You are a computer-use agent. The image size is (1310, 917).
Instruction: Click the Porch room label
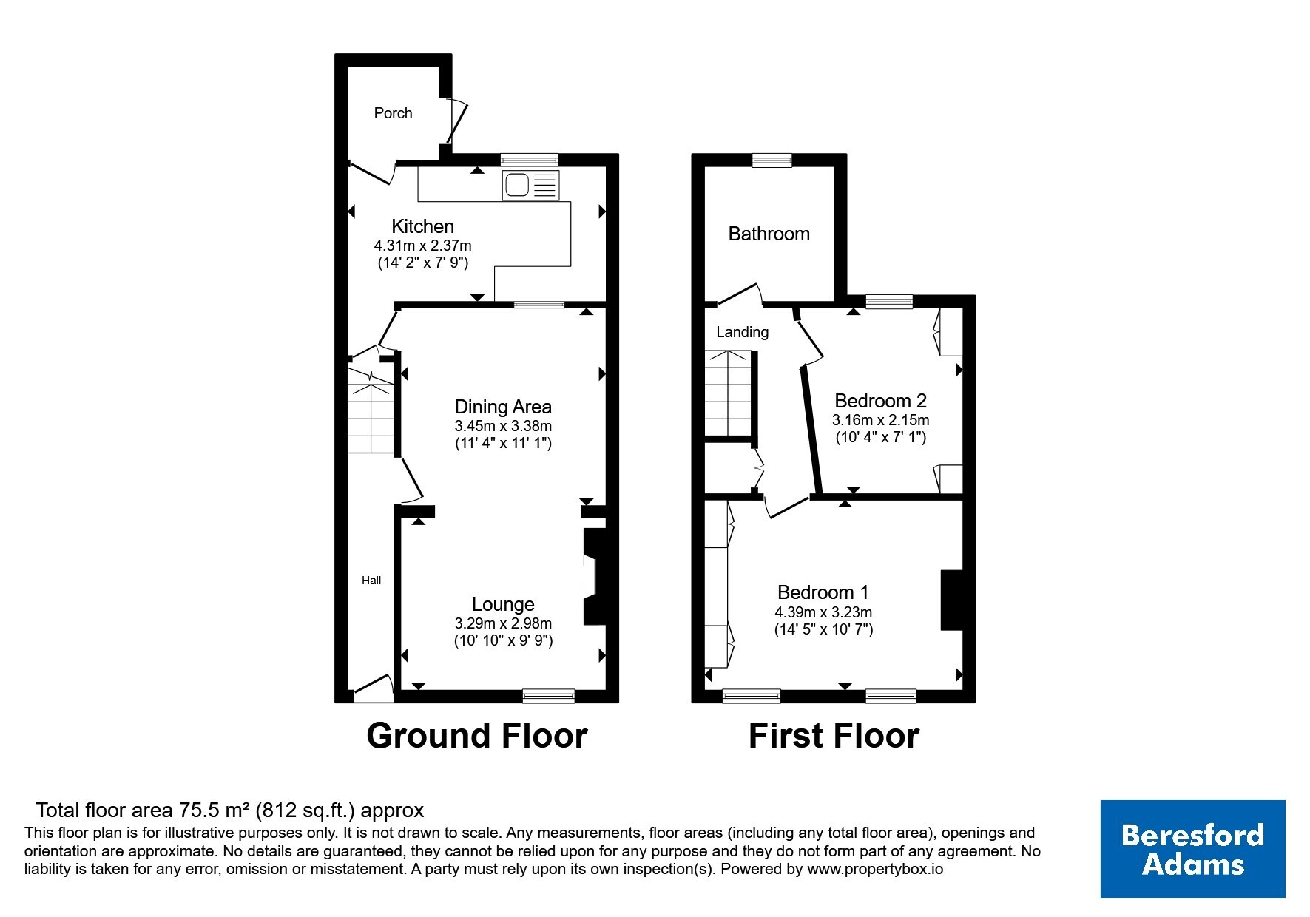pos(393,113)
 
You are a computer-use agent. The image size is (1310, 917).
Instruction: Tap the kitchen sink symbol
pos(531,184)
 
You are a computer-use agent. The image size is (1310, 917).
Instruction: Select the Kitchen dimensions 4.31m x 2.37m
pos(422,246)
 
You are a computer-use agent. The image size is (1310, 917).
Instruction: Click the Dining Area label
pos(503,407)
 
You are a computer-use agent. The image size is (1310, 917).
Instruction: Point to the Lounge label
pos(503,605)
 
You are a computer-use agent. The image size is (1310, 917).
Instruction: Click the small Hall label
pos(371,581)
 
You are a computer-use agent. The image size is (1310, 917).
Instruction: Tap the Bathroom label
pos(769,234)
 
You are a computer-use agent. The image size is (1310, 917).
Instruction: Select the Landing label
pos(742,332)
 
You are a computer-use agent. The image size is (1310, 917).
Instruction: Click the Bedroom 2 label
pos(880,401)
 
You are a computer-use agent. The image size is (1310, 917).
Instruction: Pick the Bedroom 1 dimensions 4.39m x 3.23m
pos(823,612)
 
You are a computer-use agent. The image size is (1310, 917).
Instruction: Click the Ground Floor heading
pos(477,736)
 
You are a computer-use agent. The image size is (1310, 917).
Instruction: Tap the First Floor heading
pos(834,736)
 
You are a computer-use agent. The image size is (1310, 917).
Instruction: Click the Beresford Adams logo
pos(1192,849)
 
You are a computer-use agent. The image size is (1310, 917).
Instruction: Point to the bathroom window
pos(772,160)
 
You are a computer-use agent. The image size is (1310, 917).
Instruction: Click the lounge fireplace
pos(594,576)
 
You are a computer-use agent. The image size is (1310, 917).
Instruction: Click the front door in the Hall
pos(374,688)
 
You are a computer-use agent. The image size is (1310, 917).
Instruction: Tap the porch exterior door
pos(456,120)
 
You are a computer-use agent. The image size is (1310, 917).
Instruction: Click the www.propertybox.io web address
pos(875,870)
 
